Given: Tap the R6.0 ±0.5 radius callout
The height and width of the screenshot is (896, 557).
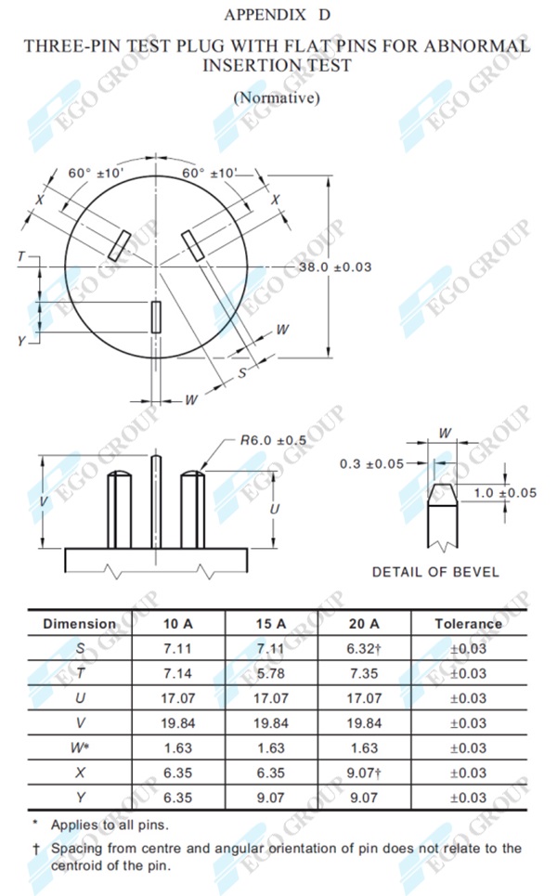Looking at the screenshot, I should tap(271, 440).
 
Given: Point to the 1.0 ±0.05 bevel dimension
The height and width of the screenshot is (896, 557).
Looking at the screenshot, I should tap(505, 493).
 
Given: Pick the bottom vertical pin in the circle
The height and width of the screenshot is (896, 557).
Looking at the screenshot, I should tap(157, 317).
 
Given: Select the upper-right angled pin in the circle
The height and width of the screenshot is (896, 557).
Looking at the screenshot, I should tap(194, 247).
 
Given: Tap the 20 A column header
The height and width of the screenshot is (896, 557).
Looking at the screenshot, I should tap(363, 624).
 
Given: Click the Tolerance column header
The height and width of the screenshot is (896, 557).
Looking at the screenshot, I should tap(468, 624).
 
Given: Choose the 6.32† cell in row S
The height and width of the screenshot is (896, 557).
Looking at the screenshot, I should tap(363, 648).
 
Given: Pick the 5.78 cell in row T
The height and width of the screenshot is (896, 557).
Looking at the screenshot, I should tap(270, 673).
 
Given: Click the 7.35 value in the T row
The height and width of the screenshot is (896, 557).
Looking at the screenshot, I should tap(363, 673).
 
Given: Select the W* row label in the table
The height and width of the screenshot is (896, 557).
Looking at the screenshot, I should tap(80, 747).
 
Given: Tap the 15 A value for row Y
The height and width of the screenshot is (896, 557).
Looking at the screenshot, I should tap(270, 797).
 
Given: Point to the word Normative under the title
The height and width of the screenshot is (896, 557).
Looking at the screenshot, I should tap(278, 97).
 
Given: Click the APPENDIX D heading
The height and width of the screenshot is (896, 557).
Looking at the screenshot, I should tap(277, 15).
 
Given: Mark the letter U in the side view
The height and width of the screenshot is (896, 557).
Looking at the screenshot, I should tap(275, 510).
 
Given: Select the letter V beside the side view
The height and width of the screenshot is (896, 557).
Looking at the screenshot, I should tap(44, 500).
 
